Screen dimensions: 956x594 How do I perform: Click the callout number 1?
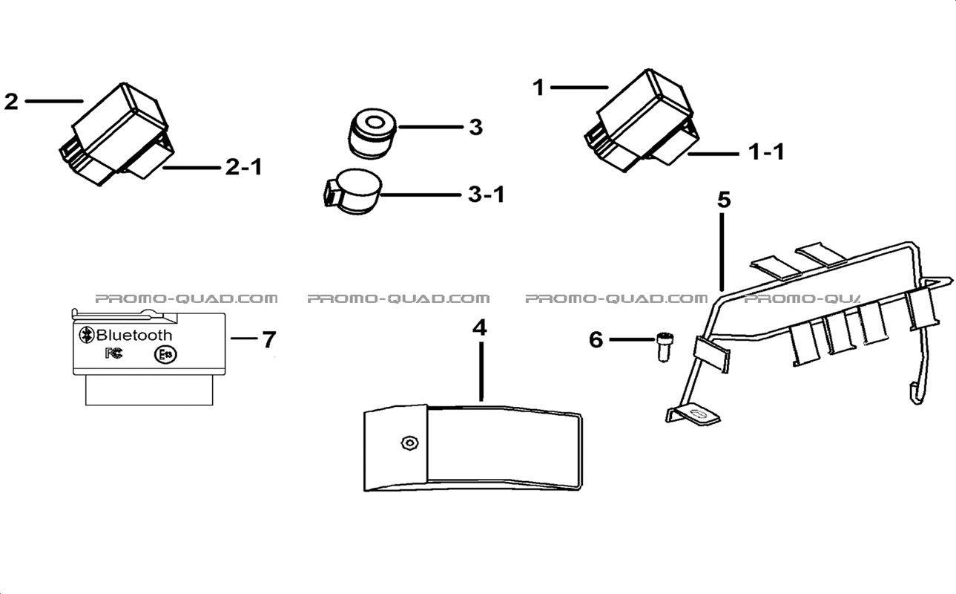pos(538,88)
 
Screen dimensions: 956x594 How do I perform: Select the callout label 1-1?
pos(767,152)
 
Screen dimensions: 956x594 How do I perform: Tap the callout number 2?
pos(12,102)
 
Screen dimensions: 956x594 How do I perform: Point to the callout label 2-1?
pos(243,166)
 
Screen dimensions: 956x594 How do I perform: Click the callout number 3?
pos(476,127)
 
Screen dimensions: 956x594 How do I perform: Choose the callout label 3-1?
pos(487,195)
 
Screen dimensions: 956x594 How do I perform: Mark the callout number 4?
pos(480,327)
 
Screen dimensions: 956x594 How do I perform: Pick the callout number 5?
pos(724,200)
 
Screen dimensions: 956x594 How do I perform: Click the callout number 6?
pos(596,340)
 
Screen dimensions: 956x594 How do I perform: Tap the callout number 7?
pos(269,340)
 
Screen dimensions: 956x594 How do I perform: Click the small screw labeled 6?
pos(663,347)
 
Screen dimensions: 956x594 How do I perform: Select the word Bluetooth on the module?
pos(134,336)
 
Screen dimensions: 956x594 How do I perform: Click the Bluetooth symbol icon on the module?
pos(87,335)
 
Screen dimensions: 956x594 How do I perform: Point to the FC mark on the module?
pos(114,353)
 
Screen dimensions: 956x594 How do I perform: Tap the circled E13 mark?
pos(165,355)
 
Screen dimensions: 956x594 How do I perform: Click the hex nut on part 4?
pos(409,443)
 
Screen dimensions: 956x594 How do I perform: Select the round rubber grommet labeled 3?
pos(372,134)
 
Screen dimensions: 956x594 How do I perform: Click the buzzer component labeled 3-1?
pos(352,192)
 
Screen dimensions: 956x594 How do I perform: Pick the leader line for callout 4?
pos(481,371)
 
